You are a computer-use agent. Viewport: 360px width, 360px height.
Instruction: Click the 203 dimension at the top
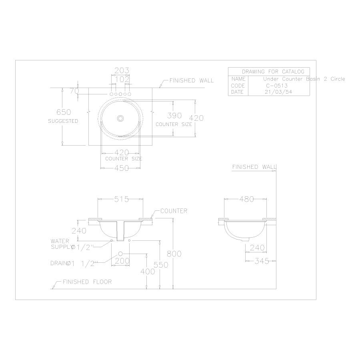(x=121, y=70)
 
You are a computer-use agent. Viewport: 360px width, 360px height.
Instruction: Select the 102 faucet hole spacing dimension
(x=121, y=79)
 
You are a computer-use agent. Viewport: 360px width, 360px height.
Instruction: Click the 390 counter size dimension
(x=174, y=116)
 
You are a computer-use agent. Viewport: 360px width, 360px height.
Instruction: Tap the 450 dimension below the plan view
(x=121, y=168)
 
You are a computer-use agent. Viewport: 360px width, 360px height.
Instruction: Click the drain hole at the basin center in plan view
(x=120, y=118)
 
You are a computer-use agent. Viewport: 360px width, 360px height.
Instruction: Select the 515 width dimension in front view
(x=121, y=199)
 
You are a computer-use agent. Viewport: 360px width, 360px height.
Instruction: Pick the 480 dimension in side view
(x=246, y=199)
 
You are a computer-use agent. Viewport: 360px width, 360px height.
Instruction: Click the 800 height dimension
(x=174, y=254)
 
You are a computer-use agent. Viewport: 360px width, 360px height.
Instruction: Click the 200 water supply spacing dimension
(x=121, y=261)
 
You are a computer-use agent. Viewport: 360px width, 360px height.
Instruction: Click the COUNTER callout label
(x=174, y=211)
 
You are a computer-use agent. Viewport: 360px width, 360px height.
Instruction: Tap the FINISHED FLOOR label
(x=87, y=282)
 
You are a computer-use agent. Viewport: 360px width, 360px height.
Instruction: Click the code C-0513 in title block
(x=276, y=86)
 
